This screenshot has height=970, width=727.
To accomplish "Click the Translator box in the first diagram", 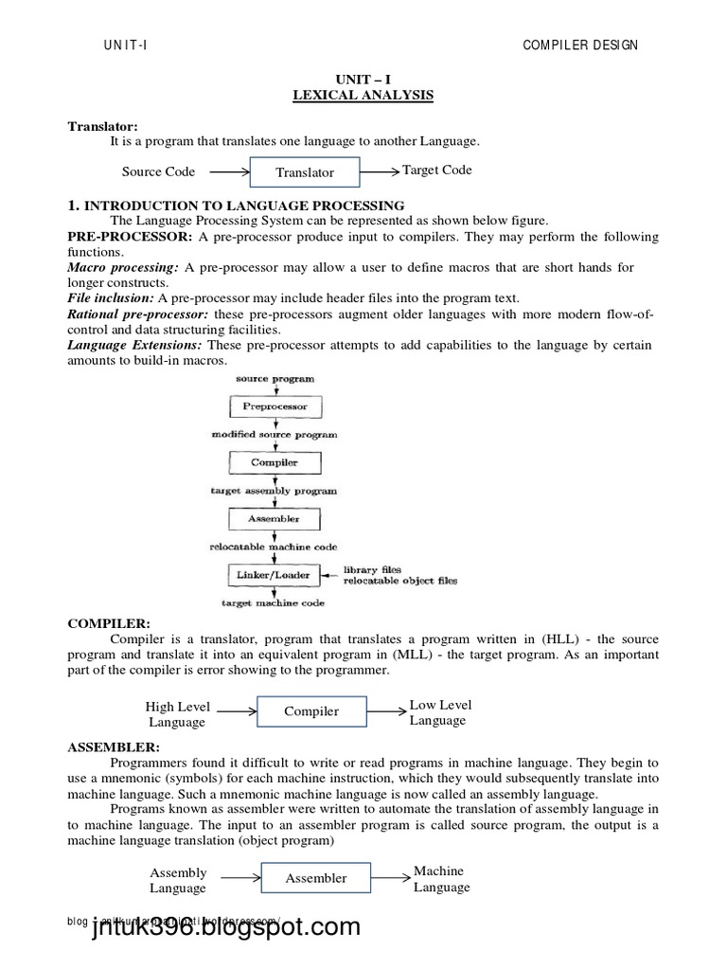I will click(x=305, y=172).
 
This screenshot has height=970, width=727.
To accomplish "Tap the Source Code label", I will click(x=158, y=171).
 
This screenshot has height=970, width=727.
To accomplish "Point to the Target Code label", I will click(x=437, y=171).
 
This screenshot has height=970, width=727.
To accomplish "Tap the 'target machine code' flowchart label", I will click(x=273, y=602).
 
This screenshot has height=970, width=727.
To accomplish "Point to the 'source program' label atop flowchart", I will click(x=275, y=379).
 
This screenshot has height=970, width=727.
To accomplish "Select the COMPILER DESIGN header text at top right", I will click(x=580, y=45).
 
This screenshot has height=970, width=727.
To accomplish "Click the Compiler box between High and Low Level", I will click(x=311, y=710).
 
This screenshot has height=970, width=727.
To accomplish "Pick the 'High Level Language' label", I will click(x=177, y=714).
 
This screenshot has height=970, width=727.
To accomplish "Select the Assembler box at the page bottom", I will click(x=316, y=878).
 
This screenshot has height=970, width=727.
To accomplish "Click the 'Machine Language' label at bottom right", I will click(x=441, y=879).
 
